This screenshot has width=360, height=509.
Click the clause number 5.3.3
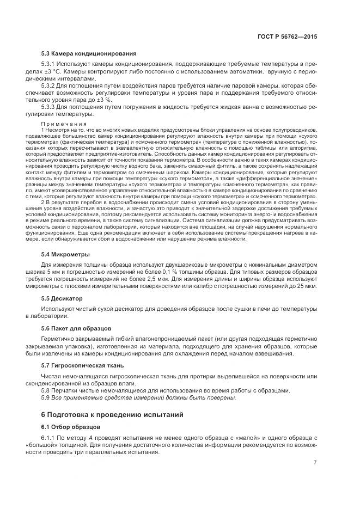50,107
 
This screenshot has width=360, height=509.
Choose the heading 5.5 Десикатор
62,298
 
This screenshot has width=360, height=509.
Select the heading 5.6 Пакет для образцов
76,328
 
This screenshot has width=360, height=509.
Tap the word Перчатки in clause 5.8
65,390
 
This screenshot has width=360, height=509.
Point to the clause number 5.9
46,397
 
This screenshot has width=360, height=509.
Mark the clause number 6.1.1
49,438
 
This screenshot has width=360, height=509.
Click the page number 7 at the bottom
315,463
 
